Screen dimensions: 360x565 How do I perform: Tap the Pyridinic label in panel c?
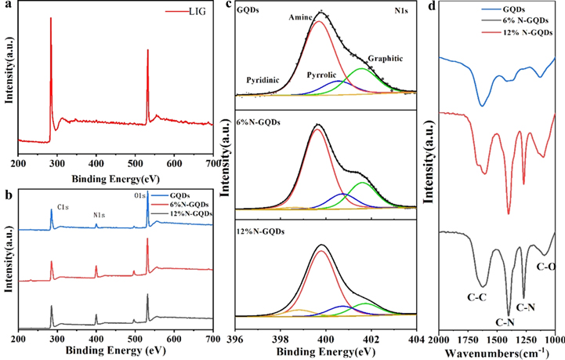point(263,80)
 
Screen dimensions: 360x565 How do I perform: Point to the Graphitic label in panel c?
point(383,59)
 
